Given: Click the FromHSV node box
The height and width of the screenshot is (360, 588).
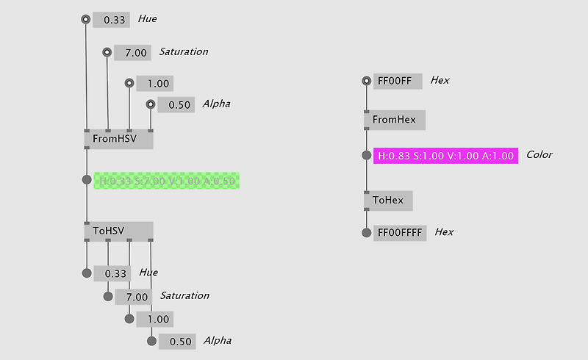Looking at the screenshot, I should [118, 139].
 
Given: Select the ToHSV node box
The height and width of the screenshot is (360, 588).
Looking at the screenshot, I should [118, 231].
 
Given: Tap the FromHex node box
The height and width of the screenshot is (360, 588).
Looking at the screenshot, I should [395, 120].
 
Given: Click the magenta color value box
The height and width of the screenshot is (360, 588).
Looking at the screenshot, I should [445, 156].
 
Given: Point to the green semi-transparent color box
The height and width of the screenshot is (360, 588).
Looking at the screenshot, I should [167, 181].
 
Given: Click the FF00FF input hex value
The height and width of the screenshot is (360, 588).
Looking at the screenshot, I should [398, 81].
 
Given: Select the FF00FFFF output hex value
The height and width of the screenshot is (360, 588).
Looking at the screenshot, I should [400, 232].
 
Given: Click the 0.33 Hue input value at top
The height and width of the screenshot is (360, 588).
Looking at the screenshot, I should [115, 20].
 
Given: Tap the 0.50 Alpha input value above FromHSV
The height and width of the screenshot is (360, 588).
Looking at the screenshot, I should [179, 105].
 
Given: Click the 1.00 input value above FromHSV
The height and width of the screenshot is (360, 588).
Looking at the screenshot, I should [157, 84].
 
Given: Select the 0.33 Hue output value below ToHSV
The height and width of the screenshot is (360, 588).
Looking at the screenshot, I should [115, 273].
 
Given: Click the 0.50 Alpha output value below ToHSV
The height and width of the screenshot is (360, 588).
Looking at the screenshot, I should [180, 342].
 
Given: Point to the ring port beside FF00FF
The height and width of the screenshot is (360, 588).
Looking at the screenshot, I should [366, 81].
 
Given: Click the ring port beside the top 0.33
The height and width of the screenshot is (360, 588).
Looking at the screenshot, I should [86, 19].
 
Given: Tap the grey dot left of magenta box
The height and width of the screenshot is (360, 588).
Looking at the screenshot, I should [366, 156].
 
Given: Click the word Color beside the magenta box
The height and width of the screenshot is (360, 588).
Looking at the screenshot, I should [539, 155].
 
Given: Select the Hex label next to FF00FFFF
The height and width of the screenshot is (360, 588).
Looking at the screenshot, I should [444, 232].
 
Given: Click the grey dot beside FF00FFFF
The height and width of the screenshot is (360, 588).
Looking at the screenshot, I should [366, 232].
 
